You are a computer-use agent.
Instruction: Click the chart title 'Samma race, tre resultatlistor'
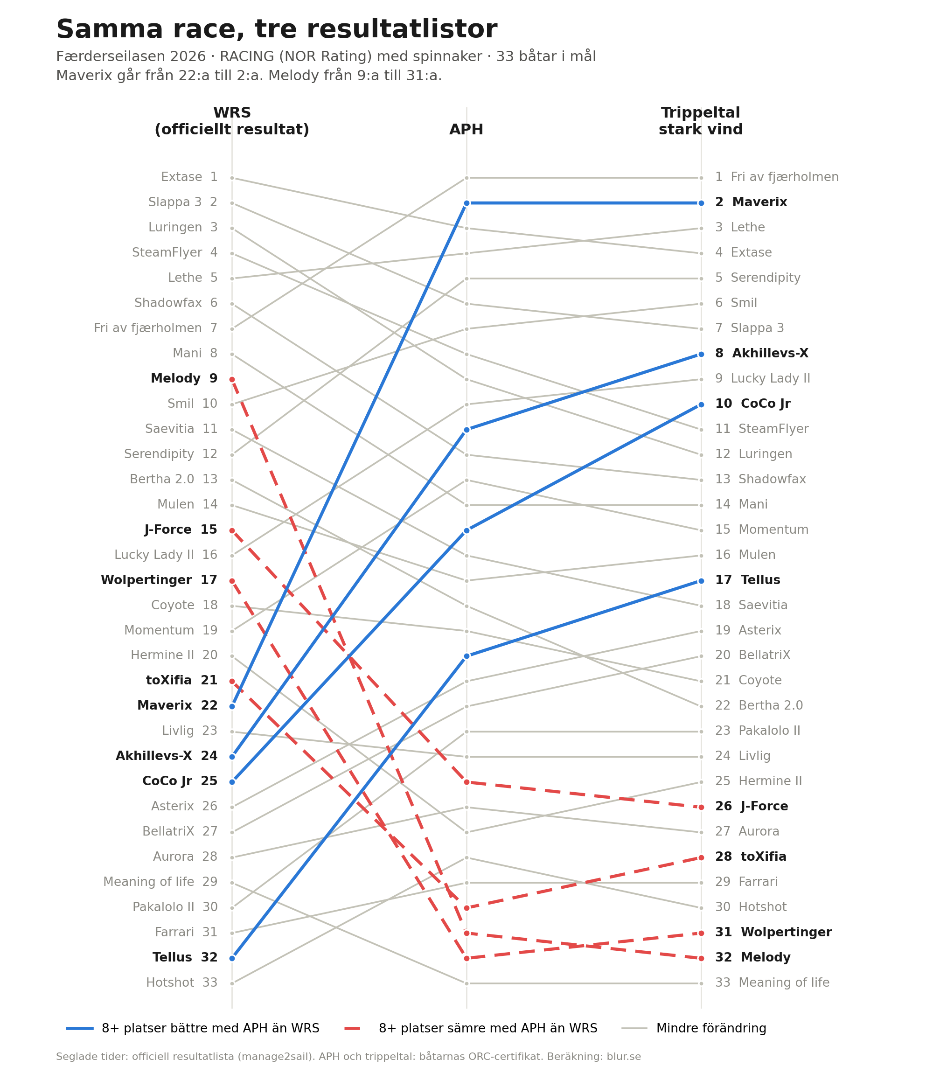coord(277,29)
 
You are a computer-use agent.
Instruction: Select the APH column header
coord(466,130)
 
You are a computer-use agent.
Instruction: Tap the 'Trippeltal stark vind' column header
coord(700,121)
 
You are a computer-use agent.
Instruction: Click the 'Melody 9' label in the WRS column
coord(184,379)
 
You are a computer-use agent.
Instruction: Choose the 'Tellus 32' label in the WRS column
coord(185,957)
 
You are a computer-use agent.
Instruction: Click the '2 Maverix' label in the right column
coord(751,202)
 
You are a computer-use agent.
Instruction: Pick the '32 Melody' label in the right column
coord(752,957)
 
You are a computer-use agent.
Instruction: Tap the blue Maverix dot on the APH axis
coord(466,203)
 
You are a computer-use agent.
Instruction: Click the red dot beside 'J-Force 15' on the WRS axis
coord(232,530)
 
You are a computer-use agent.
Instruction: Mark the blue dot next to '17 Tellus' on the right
coord(701,581)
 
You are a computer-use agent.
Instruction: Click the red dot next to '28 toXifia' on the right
coord(701,857)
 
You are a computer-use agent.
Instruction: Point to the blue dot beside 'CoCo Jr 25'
coord(232,782)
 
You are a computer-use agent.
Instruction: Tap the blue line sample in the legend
coord(80,1029)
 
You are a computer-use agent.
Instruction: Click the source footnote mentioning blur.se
coord(348,1056)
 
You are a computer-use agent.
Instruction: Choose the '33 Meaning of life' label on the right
coord(772,983)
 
